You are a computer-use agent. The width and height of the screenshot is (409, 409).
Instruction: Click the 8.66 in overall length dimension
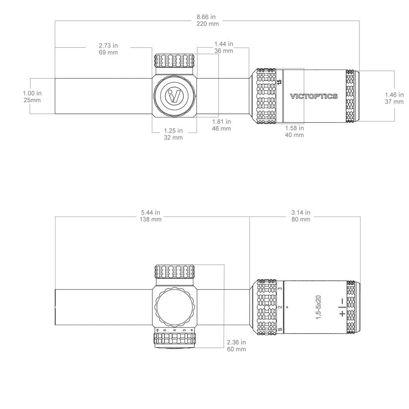click(x=208, y=20)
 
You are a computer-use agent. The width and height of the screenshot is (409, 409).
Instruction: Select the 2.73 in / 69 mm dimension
click(x=108, y=49)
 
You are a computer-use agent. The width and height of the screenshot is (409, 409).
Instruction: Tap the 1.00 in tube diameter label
click(x=32, y=97)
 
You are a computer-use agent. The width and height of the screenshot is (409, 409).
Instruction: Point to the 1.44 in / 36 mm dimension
click(x=224, y=47)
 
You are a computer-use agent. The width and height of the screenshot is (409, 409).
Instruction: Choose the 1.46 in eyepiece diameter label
click(x=394, y=98)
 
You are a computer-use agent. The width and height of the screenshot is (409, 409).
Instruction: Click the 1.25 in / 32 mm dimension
click(x=173, y=134)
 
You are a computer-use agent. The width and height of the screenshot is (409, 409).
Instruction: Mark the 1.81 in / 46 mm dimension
click(x=221, y=125)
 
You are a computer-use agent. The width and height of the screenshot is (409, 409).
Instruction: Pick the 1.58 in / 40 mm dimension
click(x=294, y=131)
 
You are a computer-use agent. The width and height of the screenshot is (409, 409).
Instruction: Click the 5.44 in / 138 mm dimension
click(x=151, y=216)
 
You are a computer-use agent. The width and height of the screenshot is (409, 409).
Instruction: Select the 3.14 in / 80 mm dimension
click(x=301, y=216)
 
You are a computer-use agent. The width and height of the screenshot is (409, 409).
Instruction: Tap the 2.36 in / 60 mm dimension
click(x=236, y=345)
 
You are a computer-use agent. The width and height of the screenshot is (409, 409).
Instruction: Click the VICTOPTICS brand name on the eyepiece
click(x=314, y=96)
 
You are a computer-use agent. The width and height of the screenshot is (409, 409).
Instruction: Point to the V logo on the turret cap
click(x=175, y=95)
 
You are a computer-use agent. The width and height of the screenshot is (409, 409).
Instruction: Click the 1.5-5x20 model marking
click(x=318, y=307)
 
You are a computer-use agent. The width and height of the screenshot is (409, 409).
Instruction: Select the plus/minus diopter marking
click(x=342, y=307)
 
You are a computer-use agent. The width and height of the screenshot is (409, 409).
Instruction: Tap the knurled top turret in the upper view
click(x=175, y=61)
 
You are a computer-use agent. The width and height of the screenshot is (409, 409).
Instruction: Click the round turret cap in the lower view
click(x=175, y=307)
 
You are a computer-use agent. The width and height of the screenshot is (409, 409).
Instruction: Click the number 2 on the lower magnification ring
click(x=280, y=307)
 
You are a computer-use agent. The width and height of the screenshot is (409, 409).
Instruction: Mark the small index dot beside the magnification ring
click(x=287, y=307)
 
